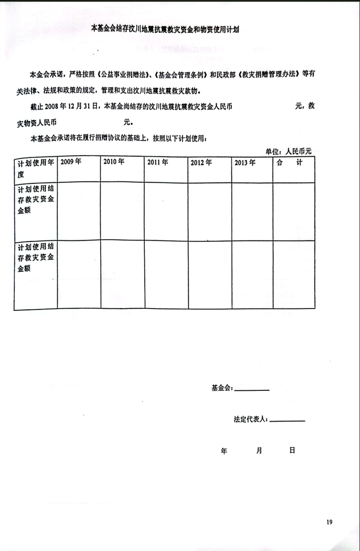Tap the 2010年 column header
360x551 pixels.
(x=114, y=162)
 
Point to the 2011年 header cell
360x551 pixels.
(x=158, y=162)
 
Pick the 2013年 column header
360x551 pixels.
(x=245, y=162)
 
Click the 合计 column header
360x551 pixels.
(x=293, y=162)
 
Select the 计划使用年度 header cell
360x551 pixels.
(x=35, y=168)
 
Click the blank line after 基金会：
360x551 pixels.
(x=252, y=390)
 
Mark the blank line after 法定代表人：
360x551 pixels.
(x=288, y=420)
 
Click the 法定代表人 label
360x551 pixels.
(x=250, y=419)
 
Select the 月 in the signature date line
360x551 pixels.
(x=259, y=450)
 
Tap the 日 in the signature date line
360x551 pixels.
(x=292, y=450)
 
